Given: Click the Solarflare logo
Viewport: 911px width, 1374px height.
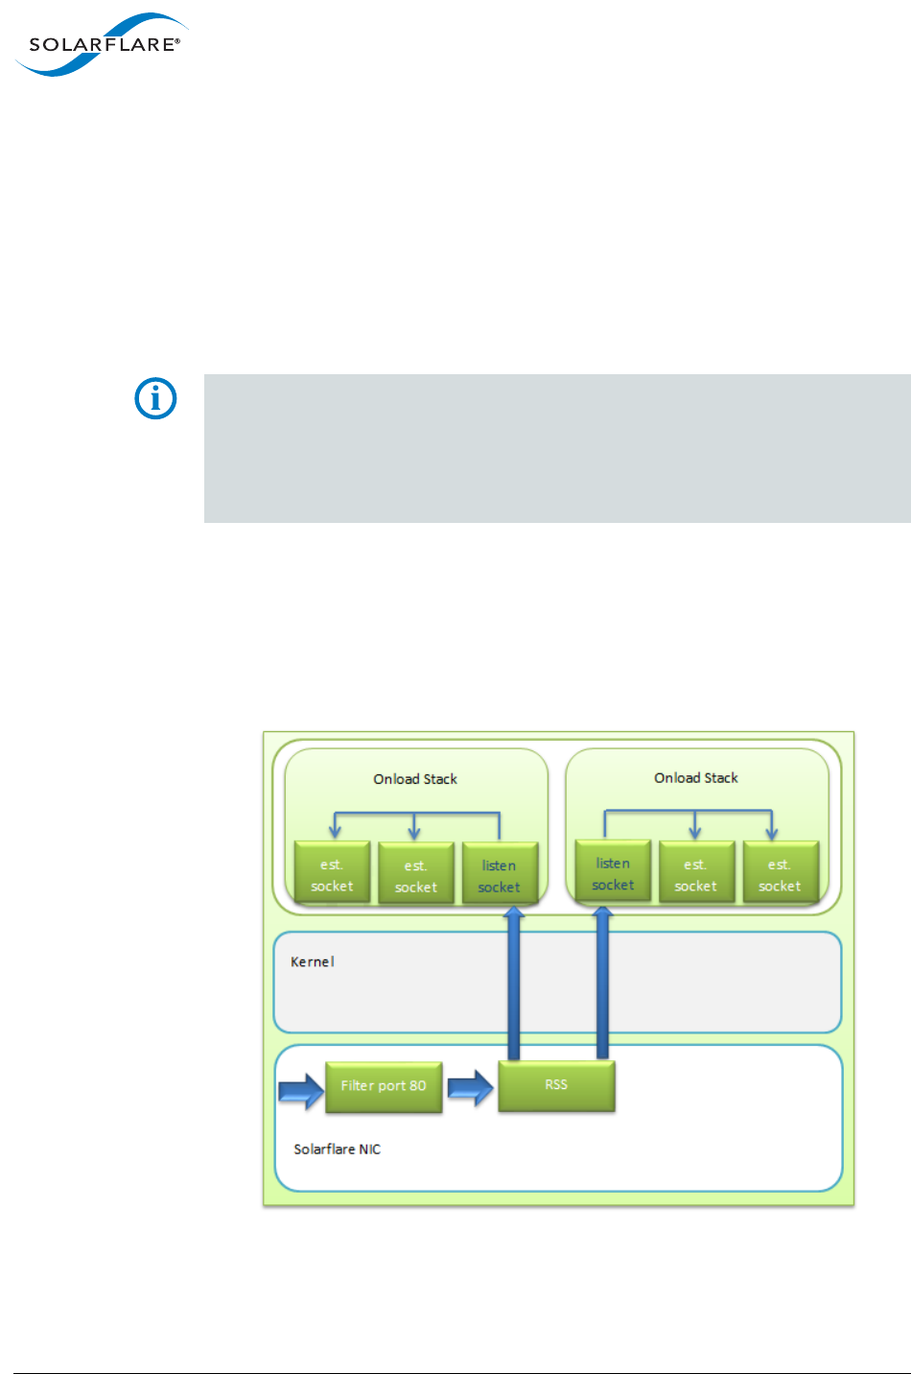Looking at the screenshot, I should (x=101, y=45).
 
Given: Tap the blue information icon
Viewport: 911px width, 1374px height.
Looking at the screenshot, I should (x=155, y=398).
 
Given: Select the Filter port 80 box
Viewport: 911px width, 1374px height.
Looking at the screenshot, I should (x=384, y=1086).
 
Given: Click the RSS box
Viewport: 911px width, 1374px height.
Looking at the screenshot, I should (x=556, y=1085).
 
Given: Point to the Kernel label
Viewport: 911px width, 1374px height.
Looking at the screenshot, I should (x=313, y=961).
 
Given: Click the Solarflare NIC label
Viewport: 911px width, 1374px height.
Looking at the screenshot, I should (x=337, y=1149).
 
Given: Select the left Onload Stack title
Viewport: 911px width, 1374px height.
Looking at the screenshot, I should (x=415, y=779).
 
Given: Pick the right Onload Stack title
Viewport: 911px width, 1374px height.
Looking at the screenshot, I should (x=696, y=778).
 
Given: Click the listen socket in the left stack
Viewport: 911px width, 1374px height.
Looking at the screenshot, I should (x=500, y=874).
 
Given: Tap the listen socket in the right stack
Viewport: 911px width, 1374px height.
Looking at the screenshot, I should (x=613, y=872).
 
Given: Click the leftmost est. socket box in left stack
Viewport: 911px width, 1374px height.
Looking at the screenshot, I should (x=332, y=873).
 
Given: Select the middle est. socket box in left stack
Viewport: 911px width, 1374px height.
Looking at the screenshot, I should (x=415, y=875).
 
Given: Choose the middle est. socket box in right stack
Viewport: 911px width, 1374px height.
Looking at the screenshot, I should (x=696, y=873).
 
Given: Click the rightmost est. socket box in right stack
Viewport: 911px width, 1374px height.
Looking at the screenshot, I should (x=780, y=873).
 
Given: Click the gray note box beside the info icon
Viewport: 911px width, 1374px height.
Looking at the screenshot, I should (x=556, y=448).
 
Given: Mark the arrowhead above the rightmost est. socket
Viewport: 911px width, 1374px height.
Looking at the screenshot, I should (x=771, y=832).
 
